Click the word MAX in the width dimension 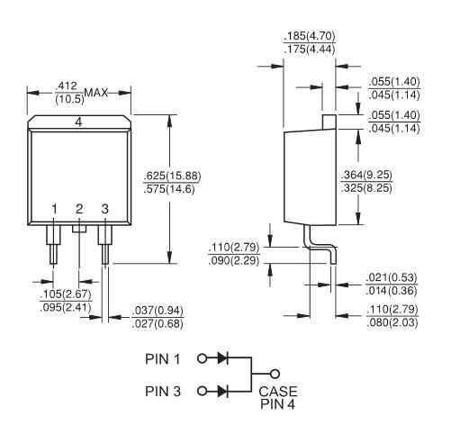95,93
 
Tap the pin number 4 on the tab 78,122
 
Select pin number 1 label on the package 54,209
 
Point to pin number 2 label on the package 79,209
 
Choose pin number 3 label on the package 104,209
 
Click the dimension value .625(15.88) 172,176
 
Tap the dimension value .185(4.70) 309,36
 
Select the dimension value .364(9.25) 366,175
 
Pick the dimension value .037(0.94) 158,311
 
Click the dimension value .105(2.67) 66,294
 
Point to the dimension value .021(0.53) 392,277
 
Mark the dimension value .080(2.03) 392,323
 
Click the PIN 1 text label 162,359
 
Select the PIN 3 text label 163,391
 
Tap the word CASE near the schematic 278,392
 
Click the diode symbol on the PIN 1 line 222,357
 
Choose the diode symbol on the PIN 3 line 222,391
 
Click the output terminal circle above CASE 275,374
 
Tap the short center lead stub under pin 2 79,229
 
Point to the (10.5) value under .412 70,99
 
